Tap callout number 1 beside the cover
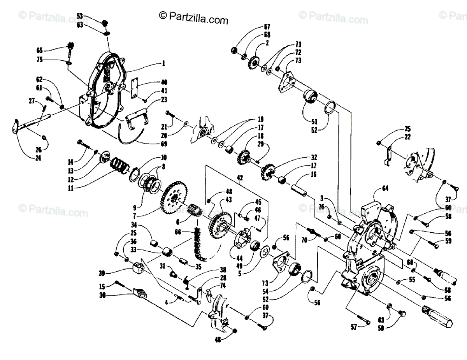point(163,63)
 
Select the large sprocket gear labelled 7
point(175,199)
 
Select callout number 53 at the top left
point(79,16)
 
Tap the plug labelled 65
point(71,47)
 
